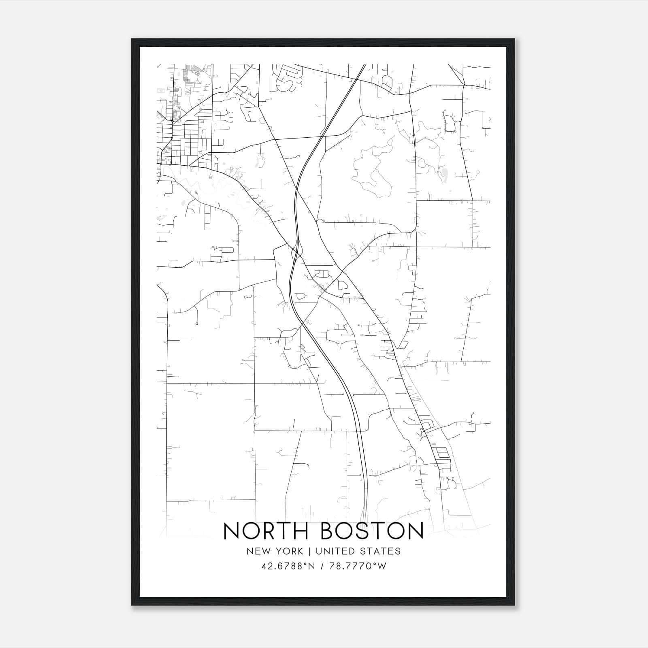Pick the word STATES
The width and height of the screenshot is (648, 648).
(x=381, y=551)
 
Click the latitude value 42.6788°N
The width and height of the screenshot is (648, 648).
(x=288, y=566)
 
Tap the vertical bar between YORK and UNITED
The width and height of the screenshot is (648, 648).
(x=309, y=551)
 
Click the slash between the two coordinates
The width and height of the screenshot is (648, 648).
(x=322, y=566)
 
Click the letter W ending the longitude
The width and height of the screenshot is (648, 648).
(x=382, y=566)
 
